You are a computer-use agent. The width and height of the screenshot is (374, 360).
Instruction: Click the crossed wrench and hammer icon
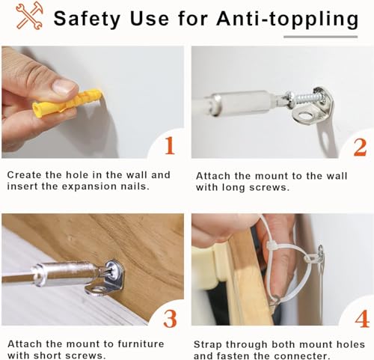pyautogui.click(x=29, y=16)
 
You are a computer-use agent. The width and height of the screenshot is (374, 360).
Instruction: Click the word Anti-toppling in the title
pyautogui.click(x=287, y=19)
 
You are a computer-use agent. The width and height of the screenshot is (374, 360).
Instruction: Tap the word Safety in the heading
pyautogui.click(x=87, y=19)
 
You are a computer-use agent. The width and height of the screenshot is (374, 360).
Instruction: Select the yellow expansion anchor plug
pyautogui.click(x=67, y=103)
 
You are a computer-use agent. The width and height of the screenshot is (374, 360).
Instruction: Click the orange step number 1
pyautogui.click(x=170, y=146)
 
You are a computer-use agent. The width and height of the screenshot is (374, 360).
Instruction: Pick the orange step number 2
pyautogui.click(x=360, y=147)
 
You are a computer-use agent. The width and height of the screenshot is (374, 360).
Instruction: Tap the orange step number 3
pyautogui.click(x=170, y=319)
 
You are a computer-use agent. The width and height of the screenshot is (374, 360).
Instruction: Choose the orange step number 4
pyautogui.click(x=362, y=319)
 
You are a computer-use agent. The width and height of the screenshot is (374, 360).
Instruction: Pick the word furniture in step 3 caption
pyautogui.click(x=141, y=344)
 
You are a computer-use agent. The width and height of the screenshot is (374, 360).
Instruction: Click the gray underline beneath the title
pyautogui.click(x=320, y=37)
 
